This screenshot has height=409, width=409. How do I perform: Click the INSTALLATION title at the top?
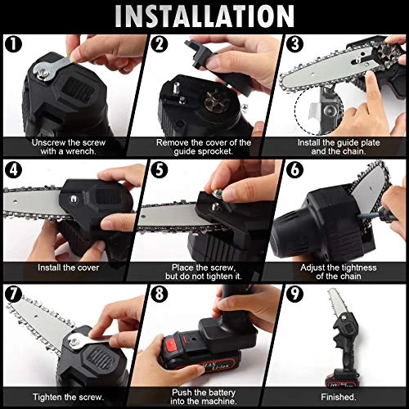tap(204, 16)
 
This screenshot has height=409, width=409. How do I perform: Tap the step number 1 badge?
tap(13, 44)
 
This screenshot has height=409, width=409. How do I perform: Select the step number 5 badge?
tap(160, 169)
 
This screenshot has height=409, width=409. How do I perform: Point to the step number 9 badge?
tap(294, 294)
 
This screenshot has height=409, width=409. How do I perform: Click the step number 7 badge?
tap(13, 294)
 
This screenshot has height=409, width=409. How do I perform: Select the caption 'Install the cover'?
tap(69, 267)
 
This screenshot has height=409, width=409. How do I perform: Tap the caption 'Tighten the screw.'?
tap(69, 397)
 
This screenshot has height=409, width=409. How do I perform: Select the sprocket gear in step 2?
tap(217, 101)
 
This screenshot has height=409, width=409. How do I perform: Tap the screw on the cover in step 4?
tap(73, 199)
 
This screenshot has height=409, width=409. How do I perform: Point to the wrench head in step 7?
tap(74, 342)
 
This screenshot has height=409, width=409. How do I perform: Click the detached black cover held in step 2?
tap(218, 67)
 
